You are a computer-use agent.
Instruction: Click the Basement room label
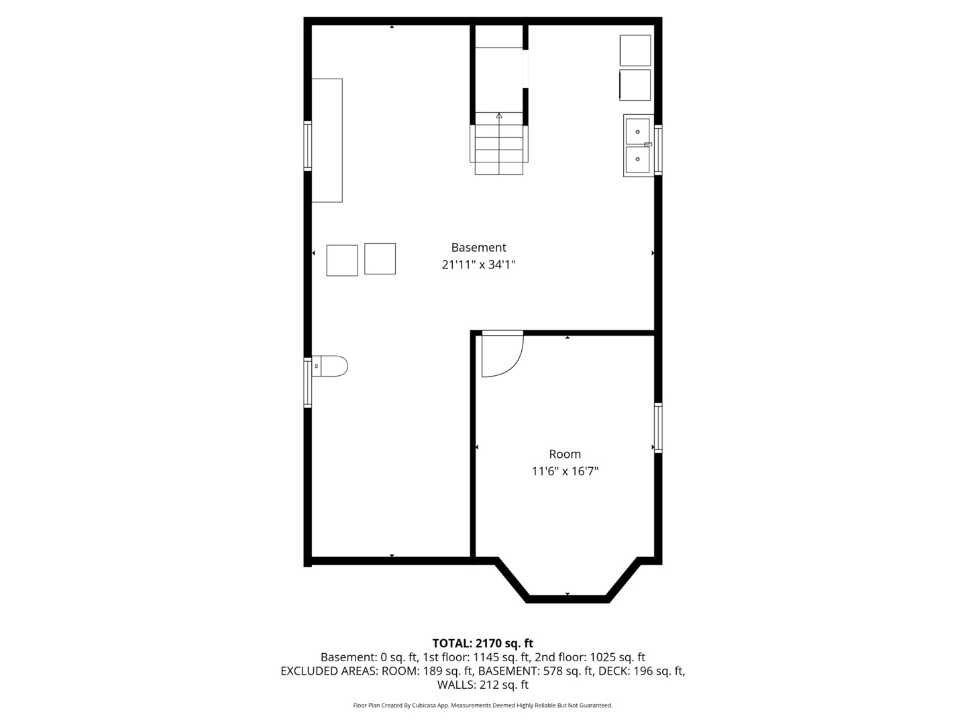478,248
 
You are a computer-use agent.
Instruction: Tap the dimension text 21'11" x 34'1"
478,264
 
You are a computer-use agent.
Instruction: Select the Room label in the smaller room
565,454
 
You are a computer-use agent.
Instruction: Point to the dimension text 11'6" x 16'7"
565,471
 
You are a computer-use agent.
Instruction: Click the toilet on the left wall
329,367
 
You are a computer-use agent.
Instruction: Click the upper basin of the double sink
637,132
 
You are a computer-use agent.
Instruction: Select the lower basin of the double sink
637,159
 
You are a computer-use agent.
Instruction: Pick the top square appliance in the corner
635,50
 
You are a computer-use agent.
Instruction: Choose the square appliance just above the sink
635,85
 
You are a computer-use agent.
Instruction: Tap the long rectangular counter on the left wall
327,140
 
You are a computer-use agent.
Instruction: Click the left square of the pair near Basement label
342,260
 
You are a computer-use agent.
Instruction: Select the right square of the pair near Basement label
380,259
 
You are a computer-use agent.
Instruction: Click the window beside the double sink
658,150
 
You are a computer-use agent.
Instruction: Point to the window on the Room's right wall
658,428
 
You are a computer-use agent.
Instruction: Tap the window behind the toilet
308,383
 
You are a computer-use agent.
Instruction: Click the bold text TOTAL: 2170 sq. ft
483,644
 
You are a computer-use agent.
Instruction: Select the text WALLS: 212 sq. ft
483,685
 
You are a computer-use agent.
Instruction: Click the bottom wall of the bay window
568,599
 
